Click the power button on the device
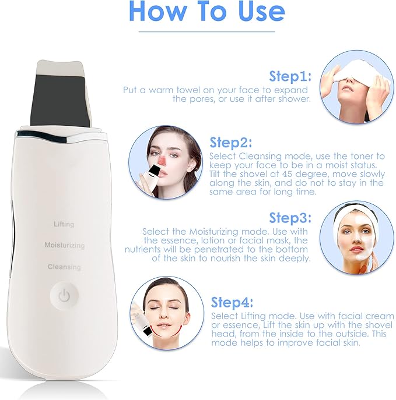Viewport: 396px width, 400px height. pos(64,296)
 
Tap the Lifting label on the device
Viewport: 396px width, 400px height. pos(64,224)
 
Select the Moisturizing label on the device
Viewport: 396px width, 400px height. pos(64,246)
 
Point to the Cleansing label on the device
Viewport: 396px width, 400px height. pos(64,267)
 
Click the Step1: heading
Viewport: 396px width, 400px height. pos(290,76)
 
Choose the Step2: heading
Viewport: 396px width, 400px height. pos(230,143)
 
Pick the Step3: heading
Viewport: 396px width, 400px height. pos(290,218)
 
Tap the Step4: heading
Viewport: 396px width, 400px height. pos(232,302)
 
